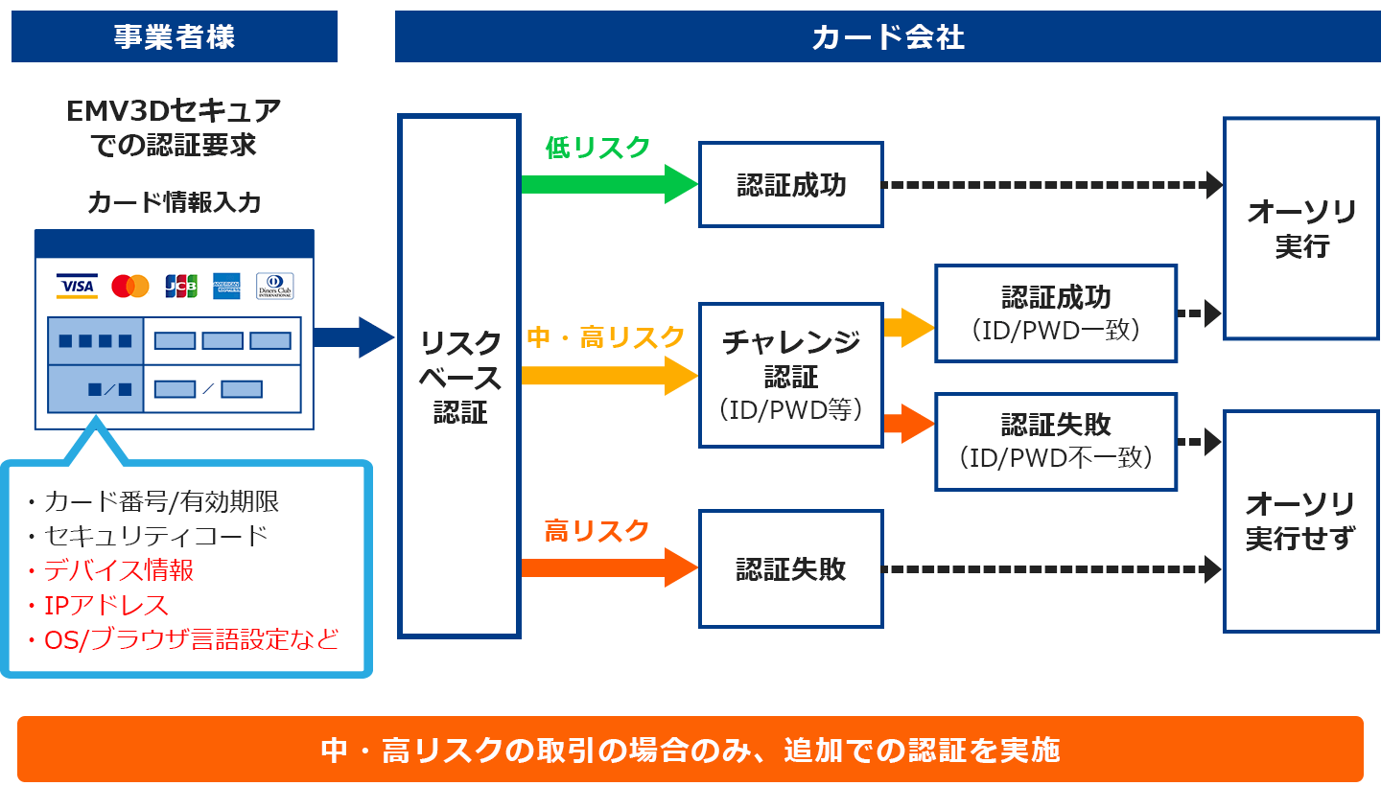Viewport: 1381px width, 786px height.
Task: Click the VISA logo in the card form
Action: pos(77,287)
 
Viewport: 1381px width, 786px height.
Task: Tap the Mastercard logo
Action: pos(130,287)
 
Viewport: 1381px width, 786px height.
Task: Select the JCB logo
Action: pos(181,287)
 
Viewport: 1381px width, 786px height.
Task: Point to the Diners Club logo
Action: pos(275,287)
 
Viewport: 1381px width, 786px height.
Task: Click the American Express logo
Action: pos(227,287)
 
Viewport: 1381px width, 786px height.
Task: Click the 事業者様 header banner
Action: pos(175,36)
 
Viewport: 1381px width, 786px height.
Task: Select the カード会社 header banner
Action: pos(888,36)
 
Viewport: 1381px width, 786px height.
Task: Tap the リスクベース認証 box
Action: pos(459,377)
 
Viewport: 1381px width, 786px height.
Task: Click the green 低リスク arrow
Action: pos(610,184)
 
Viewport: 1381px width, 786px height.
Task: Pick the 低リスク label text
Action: pos(597,148)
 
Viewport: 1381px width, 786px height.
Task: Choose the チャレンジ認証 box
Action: pos(791,375)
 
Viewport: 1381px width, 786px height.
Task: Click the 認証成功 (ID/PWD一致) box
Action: pos(1056,313)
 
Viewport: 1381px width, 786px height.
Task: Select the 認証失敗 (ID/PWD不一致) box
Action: pos(1056,442)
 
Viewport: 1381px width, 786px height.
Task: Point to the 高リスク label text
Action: pos(597,531)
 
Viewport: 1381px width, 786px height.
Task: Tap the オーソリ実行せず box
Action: pos(1301,521)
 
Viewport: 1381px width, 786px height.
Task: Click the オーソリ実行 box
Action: pos(1301,228)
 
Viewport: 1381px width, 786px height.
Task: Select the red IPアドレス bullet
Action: pos(98,606)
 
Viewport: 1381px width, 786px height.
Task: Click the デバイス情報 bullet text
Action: pos(110,570)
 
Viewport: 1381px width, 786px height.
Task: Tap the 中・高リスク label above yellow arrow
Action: pos(605,337)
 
